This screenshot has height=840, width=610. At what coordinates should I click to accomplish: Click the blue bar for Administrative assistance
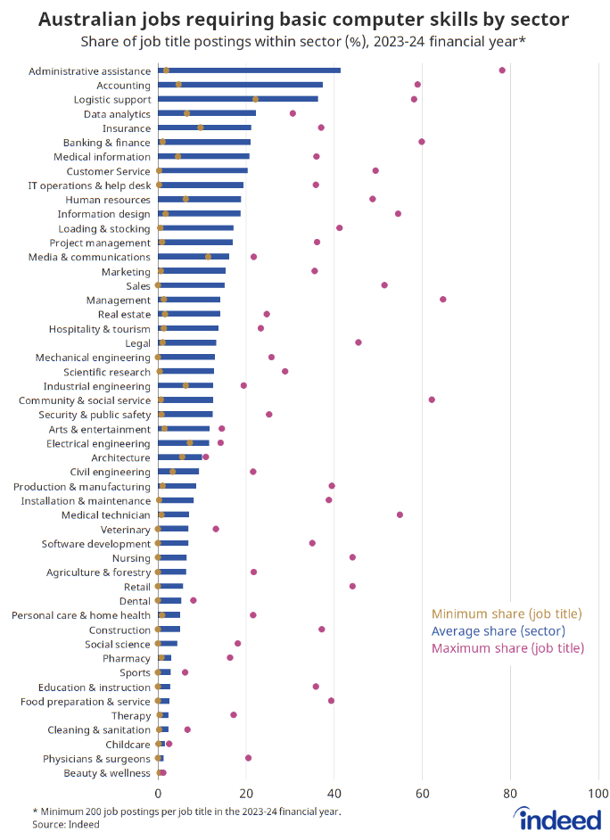[x=250, y=70]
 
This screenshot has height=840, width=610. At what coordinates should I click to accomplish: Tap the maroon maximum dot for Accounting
[x=417, y=85]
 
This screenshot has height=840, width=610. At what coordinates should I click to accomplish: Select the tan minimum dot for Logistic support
[x=255, y=99]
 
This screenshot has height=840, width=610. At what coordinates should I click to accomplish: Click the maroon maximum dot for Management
[x=442, y=300]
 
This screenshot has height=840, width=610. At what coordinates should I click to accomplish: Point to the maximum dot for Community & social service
[x=432, y=400]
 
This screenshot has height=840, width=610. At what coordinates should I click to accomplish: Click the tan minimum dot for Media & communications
[x=209, y=257]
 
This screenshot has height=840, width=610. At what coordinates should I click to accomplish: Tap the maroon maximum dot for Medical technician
[x=400, y=515]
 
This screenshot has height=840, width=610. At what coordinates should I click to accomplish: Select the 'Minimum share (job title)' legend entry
[x=507, y=614]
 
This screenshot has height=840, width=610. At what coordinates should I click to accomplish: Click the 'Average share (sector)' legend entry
[x=507, y=631]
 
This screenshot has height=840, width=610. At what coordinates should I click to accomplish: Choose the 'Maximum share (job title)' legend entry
[x=507, y=648]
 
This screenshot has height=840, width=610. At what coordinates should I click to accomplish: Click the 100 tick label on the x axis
[x=598, y=792]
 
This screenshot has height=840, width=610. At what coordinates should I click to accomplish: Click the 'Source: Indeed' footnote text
[x=66, y=825]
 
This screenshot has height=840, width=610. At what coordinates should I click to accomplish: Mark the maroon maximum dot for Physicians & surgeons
[x=248, y=758]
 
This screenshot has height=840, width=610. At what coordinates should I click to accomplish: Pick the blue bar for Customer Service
[x=203, y=170]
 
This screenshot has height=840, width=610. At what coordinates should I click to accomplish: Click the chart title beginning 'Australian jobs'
[x=304, y=19]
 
